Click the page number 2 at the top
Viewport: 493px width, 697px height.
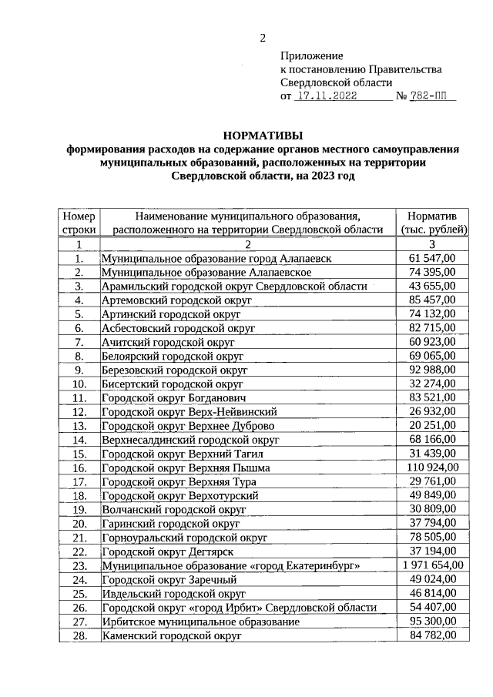(262, 39)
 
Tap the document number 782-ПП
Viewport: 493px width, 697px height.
(434, 97)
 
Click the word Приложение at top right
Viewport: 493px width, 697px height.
(311, 56)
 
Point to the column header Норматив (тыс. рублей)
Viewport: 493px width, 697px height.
(433, 223)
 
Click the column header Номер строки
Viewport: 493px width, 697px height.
(79, 223)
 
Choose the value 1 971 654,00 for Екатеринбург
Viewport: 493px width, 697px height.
(433, 566)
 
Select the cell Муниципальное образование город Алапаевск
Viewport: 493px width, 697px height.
(216, 259)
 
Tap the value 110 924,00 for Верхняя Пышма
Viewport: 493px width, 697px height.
(433, 467)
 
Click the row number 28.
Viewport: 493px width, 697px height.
(79, 636)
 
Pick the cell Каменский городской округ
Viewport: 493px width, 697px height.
(172, 636)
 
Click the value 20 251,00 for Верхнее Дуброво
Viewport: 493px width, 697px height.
(433, 426)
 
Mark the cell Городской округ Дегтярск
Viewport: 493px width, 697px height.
(167, 552)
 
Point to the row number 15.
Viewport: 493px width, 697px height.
(79, 454)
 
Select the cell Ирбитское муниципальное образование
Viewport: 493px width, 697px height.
(200, 622)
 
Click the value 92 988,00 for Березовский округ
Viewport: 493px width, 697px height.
(433, 370)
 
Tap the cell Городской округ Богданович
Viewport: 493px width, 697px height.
(173, 398)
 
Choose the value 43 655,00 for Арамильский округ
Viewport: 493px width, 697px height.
(433, 286)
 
